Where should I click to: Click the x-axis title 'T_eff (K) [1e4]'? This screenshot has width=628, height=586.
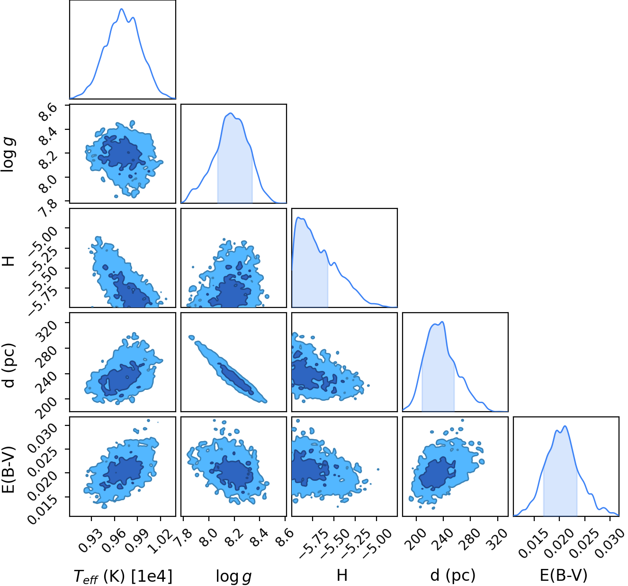123,576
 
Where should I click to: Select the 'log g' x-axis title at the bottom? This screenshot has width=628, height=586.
233,577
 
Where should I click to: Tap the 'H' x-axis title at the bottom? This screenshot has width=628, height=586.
342,575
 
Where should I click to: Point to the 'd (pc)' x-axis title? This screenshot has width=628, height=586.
453,576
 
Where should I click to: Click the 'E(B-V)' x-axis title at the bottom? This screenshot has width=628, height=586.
564,575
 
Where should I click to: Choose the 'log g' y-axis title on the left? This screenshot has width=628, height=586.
8,154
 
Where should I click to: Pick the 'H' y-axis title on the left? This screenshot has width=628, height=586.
8,261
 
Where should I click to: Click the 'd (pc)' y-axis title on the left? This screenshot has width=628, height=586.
8,365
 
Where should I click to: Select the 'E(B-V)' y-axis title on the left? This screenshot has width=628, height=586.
8,470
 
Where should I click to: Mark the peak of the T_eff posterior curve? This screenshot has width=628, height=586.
121,9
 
